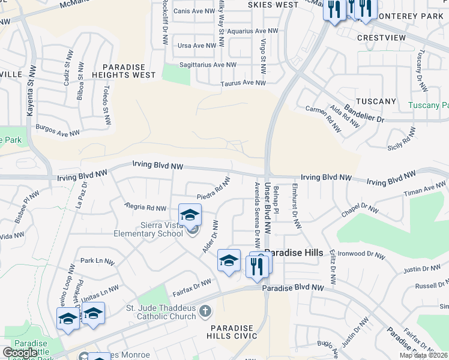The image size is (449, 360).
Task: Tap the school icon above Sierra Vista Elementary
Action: tap(190, 215)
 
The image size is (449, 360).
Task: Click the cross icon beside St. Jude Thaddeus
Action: tap(205, 311)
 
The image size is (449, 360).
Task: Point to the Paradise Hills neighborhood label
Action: tap(294, 253)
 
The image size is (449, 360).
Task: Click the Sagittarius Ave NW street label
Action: tap(208, 65)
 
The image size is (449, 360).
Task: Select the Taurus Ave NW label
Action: tap(243, 83)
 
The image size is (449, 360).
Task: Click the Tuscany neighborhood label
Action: tap(376, 101)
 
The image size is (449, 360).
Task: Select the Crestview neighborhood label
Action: tap(381, 37)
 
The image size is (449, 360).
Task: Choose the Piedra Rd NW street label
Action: tap(214, 188)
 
